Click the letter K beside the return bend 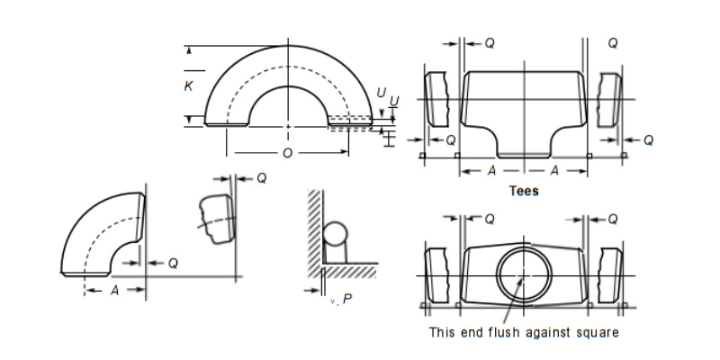188,85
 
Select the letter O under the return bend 287,153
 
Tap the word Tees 524,191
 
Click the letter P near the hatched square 347,299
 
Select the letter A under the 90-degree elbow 115,290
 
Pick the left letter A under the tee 491,171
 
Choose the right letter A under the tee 554,171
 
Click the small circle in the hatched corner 335,234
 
